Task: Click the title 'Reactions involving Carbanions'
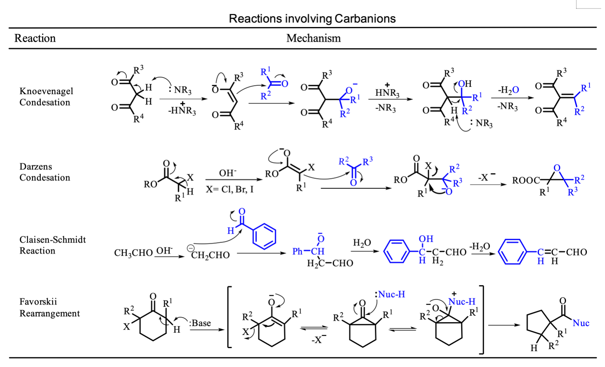(x=312, y=19)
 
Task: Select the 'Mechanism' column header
(x=313, y=38)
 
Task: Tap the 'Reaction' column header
(x=35, y=38)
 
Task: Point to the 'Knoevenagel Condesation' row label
(x=46, y=97)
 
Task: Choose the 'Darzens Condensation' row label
(x=45, y=172)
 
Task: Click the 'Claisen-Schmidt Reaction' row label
(x=53, y=245)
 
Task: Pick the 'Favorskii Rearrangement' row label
(x=50, y=308)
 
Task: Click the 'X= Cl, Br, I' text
(x=230, y=189)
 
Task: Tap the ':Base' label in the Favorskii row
(x=200, y=323)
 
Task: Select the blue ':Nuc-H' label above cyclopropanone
(x=390, y=294)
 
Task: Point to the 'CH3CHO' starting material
(x=133, y=253)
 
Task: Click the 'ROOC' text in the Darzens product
(x=526, y=180)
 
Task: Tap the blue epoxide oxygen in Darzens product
(x=557, y=168)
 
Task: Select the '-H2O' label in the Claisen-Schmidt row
(x=480, y=246)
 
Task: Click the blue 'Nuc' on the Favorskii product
(x=581, y=323)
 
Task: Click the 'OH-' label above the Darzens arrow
(x=227, y=173)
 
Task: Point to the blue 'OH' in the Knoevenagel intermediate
(x=465, y=84)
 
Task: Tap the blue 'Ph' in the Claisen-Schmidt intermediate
(x=297, y=251)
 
